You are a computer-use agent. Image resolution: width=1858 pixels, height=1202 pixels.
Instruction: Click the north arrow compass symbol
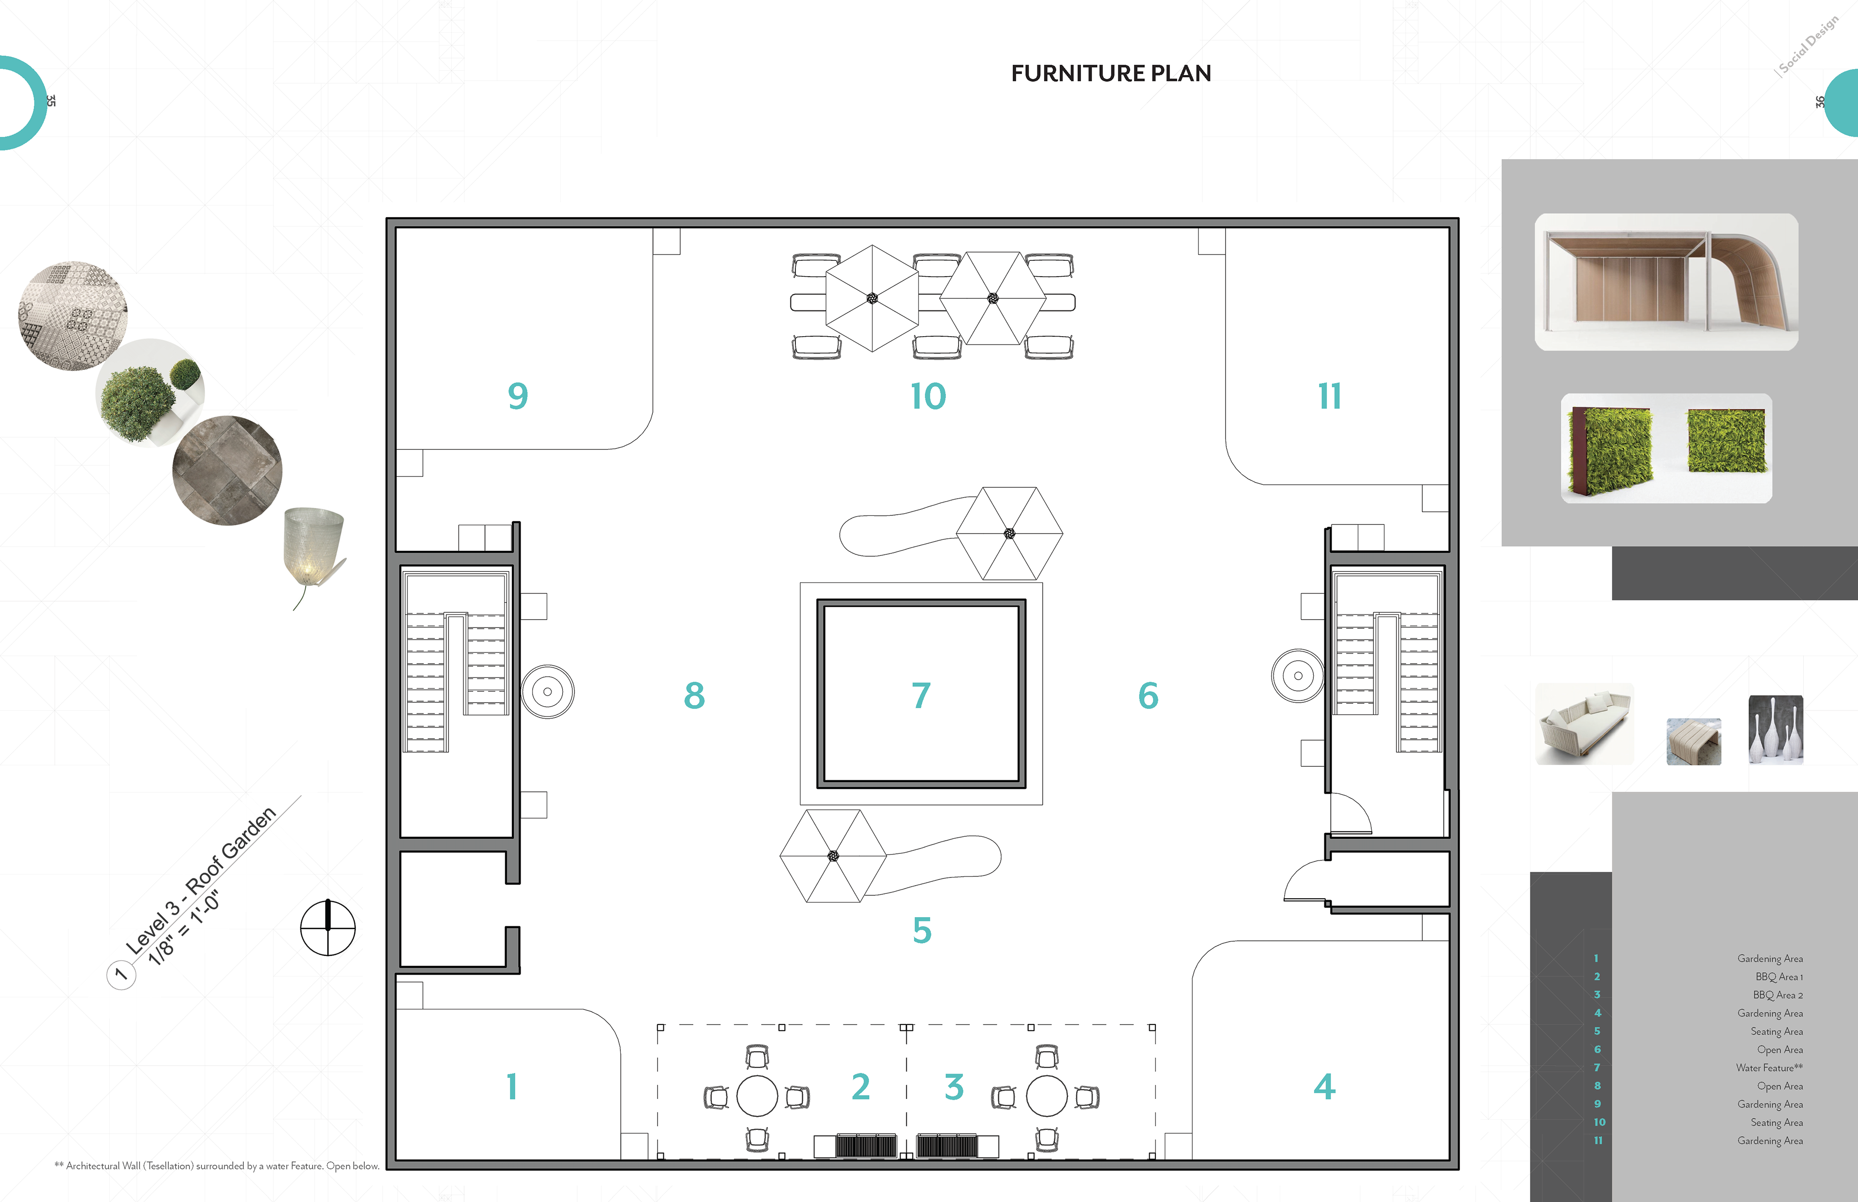click(328, 928)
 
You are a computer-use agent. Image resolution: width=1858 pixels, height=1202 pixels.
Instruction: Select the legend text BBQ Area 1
click(1778, 977)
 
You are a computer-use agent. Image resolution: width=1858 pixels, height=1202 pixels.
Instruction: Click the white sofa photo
click(1584, 724)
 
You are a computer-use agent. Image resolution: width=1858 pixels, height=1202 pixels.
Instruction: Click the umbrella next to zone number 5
click(833, 856)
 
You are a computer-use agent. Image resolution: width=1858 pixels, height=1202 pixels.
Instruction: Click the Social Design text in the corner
click(1807, 45)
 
